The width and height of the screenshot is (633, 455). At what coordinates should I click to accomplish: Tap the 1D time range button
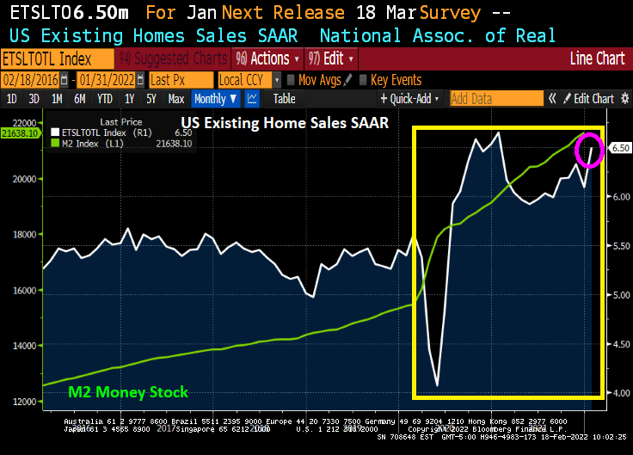tap(12, 99)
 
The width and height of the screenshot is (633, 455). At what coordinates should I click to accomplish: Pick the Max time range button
tap(176, 99)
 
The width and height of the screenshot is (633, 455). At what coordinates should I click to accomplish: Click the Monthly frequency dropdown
tap(215, 99)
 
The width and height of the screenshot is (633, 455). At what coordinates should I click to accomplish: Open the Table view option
tap(285, 99)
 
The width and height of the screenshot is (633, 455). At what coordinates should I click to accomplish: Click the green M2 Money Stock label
tap(127, 392)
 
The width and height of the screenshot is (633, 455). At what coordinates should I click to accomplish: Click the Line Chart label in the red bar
tap(597, 58)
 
